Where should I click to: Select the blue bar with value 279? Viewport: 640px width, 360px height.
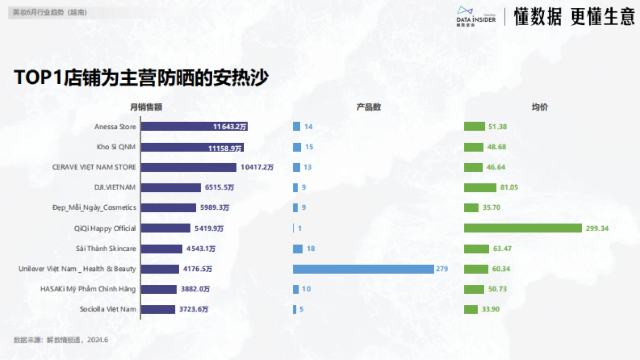(363, 269)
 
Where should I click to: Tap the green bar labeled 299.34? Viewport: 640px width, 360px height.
(523, 228)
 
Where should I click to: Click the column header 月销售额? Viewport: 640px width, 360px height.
(146, 107)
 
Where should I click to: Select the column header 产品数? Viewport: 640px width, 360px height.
(369, 107)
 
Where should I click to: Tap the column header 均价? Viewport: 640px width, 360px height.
(539, 107)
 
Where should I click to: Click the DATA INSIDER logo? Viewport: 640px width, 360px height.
(476, 17)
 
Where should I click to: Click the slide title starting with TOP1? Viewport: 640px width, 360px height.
(141, 77)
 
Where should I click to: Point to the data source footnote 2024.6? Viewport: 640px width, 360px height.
(61, 340)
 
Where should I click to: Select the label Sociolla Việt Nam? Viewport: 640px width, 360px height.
(108, 309)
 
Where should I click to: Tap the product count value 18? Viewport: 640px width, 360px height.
(310, 249)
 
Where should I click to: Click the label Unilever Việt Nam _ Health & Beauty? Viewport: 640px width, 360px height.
(77, 269)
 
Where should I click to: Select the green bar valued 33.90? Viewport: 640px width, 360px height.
(470, 309)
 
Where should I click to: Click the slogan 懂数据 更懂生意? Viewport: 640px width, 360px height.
(574, 17)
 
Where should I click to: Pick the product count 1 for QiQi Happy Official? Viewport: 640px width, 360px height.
(300, 228)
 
